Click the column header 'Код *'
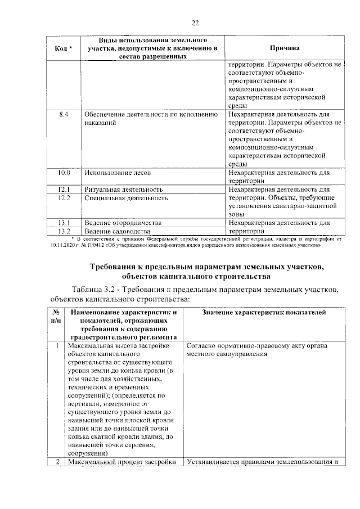click(x=64, y=48)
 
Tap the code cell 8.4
click(x=64, y=114)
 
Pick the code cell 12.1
click(x=64, y=189)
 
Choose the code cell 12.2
click(x=64, y=198)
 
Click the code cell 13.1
click(x=64, y=223)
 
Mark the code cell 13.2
click(x=64, y=231)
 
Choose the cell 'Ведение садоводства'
click(x=118, y=231)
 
